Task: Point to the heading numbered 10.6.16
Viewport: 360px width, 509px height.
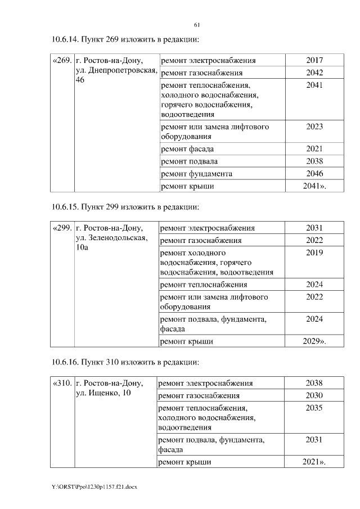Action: pyautogui.click(x=125, y=362)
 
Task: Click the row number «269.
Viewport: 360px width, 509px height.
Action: pyautogui.click(x=62, y=60)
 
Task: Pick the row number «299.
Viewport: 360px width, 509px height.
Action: pyautogui.click(x=62, y=228)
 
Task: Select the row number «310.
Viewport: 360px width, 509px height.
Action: pyautogui.click(x=62, y=384)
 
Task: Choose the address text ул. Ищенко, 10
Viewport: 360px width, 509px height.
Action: pyautogui.click(x=103, y=393)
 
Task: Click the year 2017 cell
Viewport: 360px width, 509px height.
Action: pyautogui.click(x=314, y=60)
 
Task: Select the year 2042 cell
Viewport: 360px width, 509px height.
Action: pyautogui.click(x=314, y=73)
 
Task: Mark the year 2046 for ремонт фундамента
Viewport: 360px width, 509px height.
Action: pyautogui.click(x=314, y=174)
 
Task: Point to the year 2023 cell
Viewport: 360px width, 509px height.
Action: pyautogui.click(x=314, y=127)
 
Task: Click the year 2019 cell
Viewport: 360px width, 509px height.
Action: pyautogui.click(x=314, y=253)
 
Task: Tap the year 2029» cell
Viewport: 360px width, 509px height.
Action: pyautogui.click(x=315, y=341)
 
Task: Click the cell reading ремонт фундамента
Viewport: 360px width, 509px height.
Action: pyautogui.click(x=196, y=174)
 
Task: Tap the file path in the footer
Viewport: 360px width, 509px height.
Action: pyautogui.click(x=94, y=486)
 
